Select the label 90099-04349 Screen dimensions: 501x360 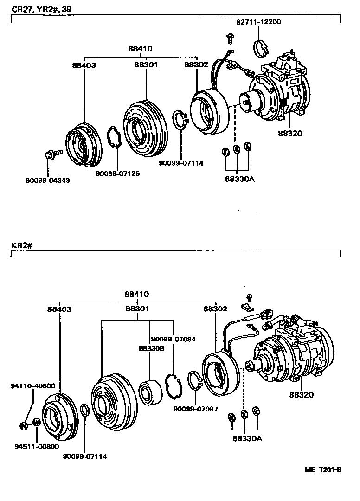click(x=48, y=180)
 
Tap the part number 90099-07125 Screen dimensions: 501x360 click(x=118, y=173)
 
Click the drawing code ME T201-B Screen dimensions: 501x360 click(x=323, y=469)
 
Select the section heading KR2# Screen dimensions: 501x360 click(x=20, y=245)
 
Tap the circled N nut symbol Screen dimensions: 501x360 click(x=23, y=425)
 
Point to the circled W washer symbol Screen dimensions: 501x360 click(x=36, y=423)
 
